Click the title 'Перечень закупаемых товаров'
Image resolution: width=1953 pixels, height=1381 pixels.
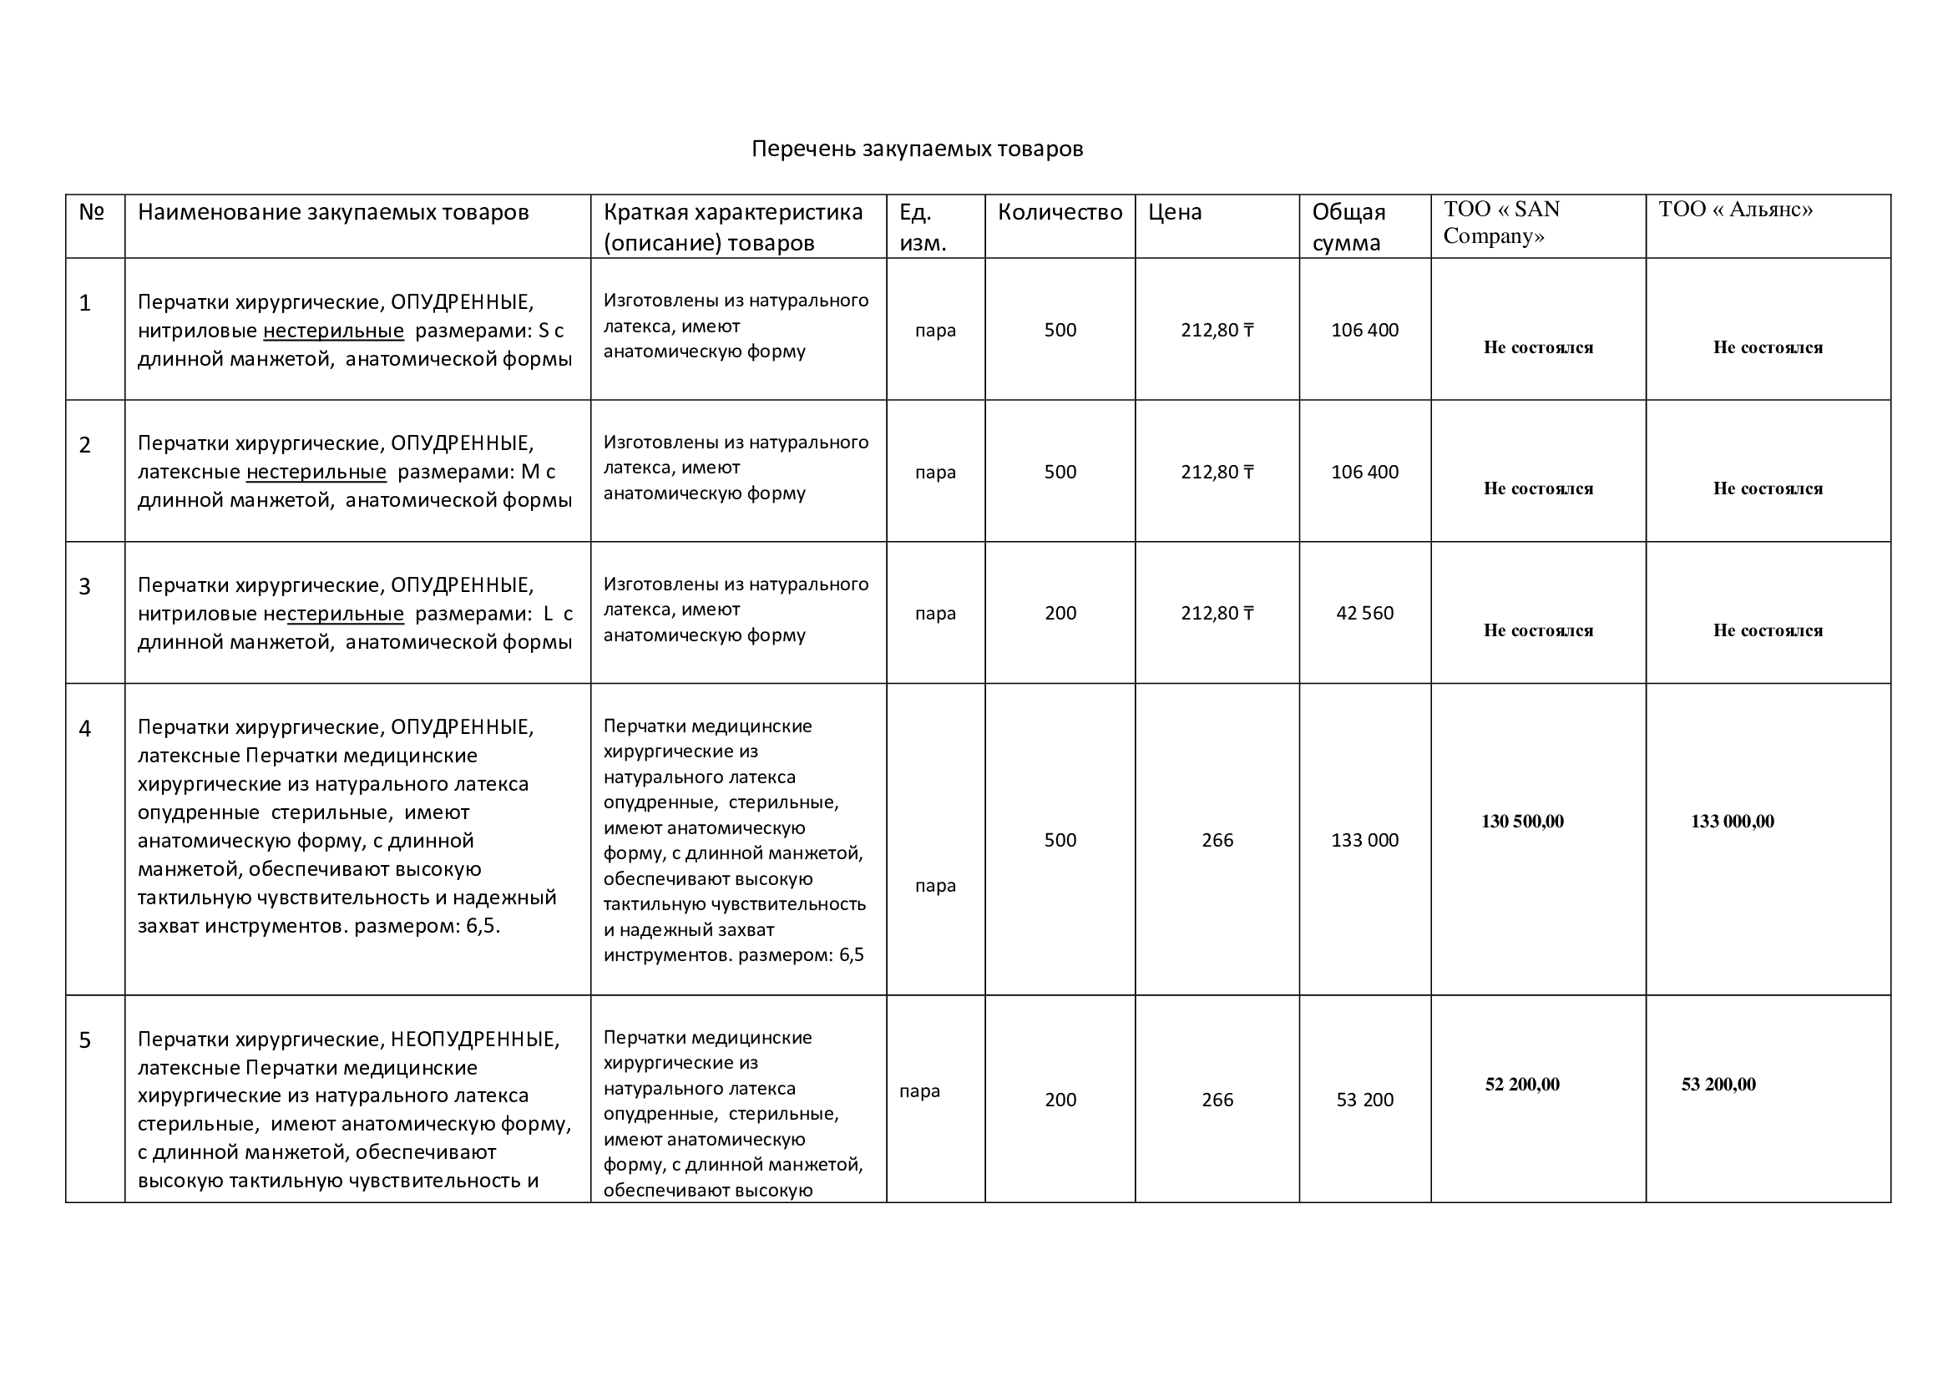[917, 149]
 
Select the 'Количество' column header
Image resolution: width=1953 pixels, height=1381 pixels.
[1060, 212]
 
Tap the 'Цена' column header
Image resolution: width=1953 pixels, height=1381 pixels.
[1175, 212]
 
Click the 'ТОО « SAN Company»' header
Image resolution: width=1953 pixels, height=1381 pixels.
[1501, 222]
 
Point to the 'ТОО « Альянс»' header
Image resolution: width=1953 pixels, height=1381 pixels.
[1735, 210]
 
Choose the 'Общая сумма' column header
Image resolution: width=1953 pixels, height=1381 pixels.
[1348, 227]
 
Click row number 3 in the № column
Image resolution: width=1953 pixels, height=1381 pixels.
[85, 587]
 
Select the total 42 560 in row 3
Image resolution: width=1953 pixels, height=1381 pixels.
[1364, 613]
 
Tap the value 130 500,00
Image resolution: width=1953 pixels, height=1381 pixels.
[1522, 822]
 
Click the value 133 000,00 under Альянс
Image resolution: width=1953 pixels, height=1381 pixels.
[1732, 822]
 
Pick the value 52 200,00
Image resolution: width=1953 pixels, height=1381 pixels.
[1522, 1085]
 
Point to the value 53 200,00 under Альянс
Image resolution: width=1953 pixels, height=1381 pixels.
[1718, 1085]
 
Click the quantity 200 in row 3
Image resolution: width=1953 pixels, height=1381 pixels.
[1060, 613]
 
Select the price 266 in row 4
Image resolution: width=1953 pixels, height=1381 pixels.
[1217, 840]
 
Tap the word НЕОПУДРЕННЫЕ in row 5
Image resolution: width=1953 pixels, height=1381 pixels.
[474, 1040]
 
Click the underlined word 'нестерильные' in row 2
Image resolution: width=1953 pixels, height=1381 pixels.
[316, 472]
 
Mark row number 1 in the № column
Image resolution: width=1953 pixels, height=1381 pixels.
[85, 304]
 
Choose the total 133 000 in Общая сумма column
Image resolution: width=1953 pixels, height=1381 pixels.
[1364, 840]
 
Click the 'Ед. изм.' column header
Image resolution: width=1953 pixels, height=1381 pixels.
[922, 227]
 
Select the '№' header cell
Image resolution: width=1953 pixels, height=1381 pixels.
[91, 212]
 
